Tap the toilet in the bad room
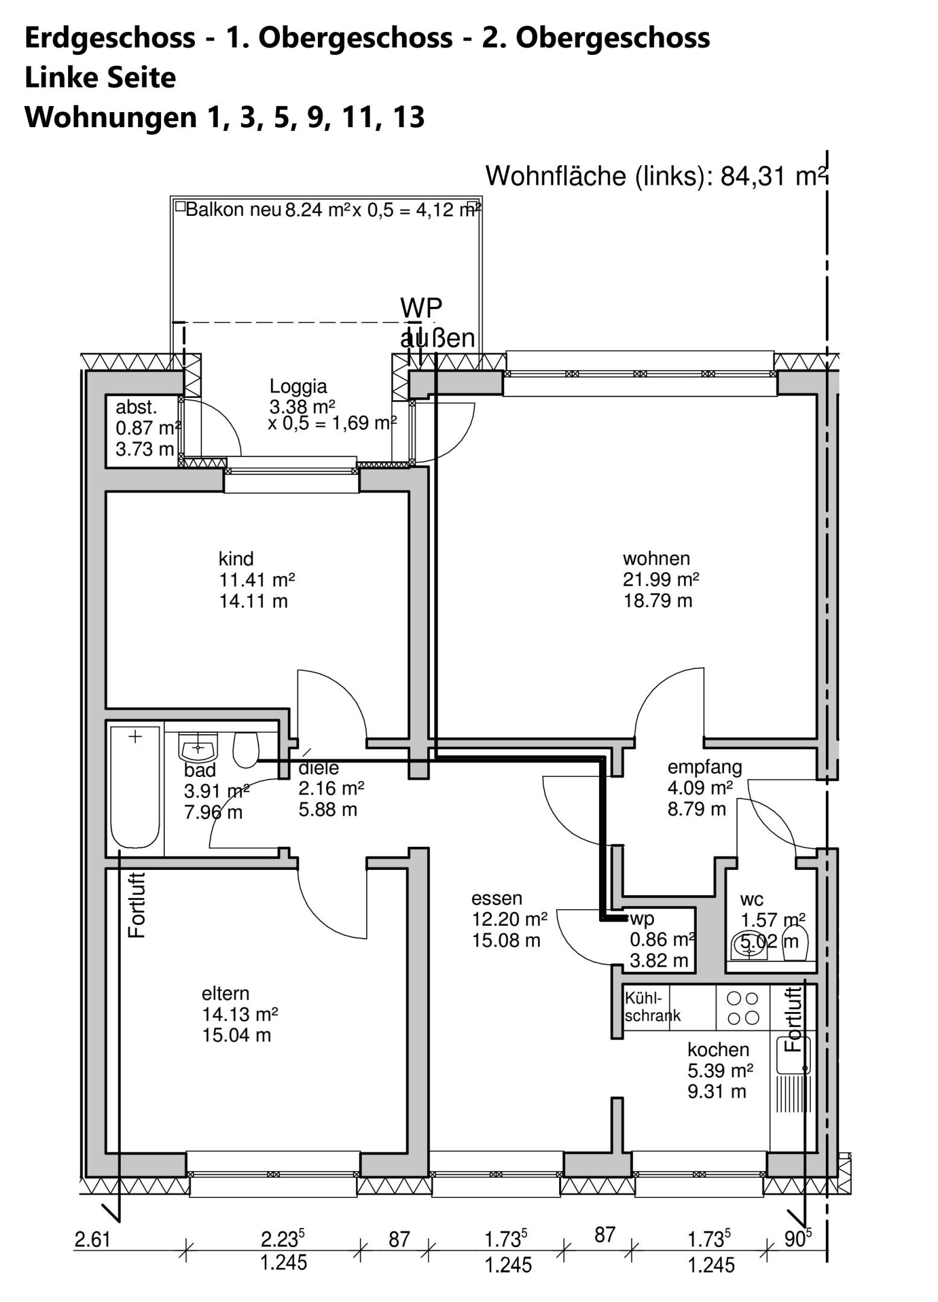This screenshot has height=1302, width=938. (x=246, y=749)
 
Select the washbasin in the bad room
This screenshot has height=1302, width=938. (x=198, y=747)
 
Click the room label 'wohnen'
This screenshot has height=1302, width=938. (x=656, y=558)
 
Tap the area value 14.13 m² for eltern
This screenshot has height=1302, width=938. (x=240, y=1014)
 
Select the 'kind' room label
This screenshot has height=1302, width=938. (x=236, y=558)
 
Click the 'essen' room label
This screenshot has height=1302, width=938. (x=496, y=898)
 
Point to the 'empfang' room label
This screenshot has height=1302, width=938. (x=705, y=767)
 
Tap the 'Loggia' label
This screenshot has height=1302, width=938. (x=298, y=386)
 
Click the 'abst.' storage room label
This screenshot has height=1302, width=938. (x=136, y=407)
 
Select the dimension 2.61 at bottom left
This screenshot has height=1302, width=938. (x=92, y=1239)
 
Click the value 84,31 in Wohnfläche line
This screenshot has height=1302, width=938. (x=754, y=176)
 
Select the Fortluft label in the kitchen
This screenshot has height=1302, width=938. (x=793, y=1019)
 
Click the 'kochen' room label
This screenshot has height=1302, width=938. (x=718, y=1049)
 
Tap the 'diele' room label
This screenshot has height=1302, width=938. (x=318, y=768)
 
